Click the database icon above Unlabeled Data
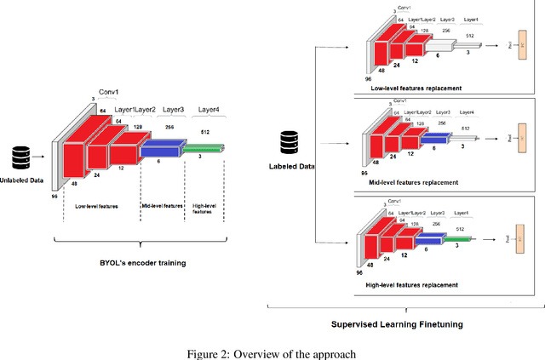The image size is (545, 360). point(20,158)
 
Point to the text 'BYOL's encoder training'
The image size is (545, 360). point(143,263)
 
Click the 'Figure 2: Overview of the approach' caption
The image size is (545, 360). point(272,352)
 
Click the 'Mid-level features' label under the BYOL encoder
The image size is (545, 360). point(162,206)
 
